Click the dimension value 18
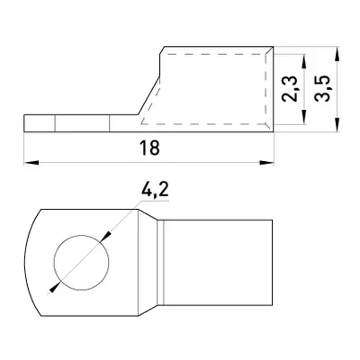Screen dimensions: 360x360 149,148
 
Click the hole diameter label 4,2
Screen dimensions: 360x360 155,190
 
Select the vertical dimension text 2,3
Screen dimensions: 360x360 290,89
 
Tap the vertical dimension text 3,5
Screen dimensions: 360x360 323,89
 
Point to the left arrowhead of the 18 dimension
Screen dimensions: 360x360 31,163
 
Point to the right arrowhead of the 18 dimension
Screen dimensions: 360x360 266,163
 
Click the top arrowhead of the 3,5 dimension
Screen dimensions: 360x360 337,54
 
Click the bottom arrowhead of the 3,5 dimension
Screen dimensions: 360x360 337,124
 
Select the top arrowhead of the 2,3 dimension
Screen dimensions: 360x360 304,62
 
